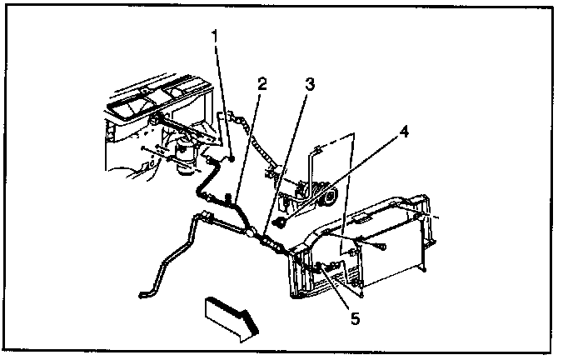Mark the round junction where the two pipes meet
point(248,235)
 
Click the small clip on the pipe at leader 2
point(231,198)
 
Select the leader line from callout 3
point(287,158)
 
